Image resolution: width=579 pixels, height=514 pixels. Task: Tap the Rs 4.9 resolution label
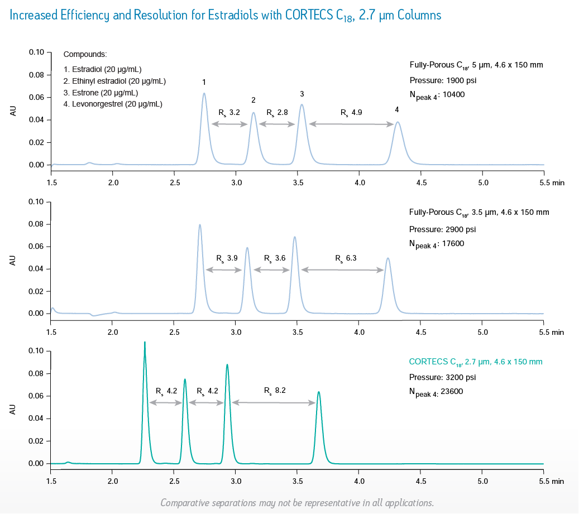(x=352, y=113)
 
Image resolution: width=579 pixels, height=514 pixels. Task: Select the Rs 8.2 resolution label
(x=275, y=391)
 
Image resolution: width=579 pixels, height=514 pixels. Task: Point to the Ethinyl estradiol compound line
(x=114, y=81)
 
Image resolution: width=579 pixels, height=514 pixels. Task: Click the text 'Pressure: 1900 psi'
(x=442, y=80)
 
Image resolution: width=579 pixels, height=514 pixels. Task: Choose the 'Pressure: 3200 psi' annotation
(x=442, y=377)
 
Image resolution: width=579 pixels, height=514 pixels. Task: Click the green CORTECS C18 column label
(x=476, y=362)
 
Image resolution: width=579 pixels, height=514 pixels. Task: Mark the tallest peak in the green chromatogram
(x=145, y=343)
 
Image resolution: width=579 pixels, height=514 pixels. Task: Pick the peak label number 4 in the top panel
(x=397, y=110)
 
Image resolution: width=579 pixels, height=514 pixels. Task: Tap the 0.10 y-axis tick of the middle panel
(x=36, y=201)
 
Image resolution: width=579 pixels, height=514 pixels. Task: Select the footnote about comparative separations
(x=297, y=503)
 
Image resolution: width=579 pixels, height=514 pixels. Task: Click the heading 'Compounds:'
(x=85, y=55)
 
